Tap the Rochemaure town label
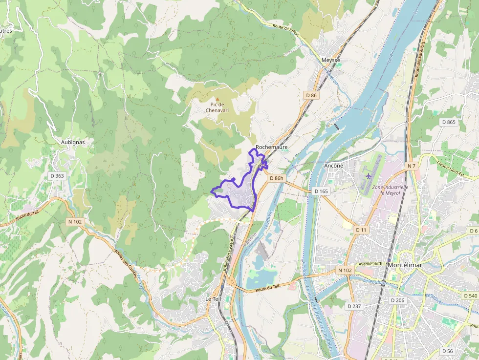[271, 147]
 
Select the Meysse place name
[330, 60]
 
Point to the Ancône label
[333, 166]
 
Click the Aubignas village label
[73, 142]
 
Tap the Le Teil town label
[214, 298]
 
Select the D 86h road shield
[276, 178]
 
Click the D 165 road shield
[321, 191]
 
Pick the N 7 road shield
[412, 166]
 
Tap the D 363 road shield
[57, 176]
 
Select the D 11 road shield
[361, 230]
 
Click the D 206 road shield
[398, 300]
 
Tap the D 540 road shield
[469, 296]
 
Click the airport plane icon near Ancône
[369, 175]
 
